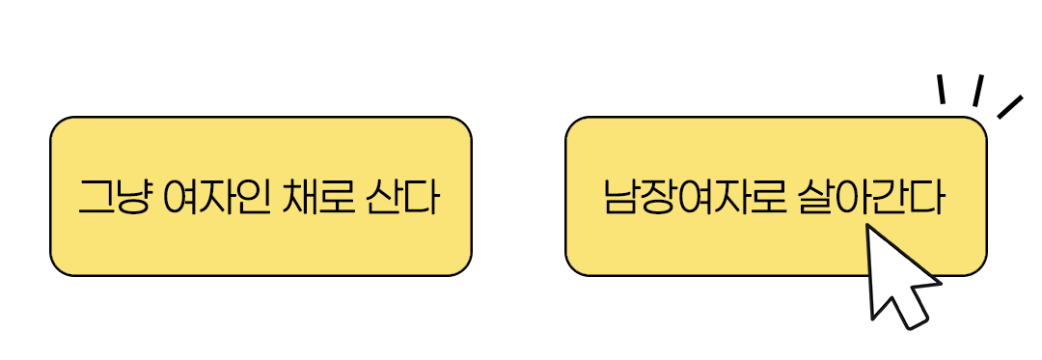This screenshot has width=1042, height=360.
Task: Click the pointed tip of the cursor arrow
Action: pos(869,228)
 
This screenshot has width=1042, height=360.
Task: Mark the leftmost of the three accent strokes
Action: pos(941,89)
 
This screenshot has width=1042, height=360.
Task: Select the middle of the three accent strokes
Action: pos(977,90)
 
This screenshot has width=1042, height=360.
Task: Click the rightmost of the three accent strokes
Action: pos(1009,106)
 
